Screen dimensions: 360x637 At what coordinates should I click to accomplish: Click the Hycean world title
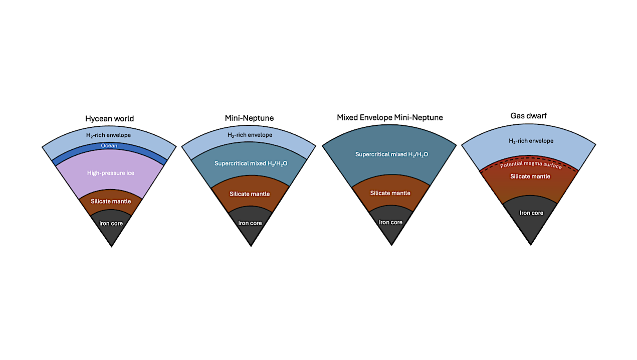click(x=109, y=119)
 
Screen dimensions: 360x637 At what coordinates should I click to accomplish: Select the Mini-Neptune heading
click(x=249, y=118)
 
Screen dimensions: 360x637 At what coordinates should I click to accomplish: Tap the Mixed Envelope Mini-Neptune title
click(x=389, y=117)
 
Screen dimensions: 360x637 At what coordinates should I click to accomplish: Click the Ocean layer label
click(x=109, y=146)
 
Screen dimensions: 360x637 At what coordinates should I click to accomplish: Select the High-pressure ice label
click(x=111, y=173)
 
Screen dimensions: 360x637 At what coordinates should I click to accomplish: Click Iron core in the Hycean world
click(x=111, y=223)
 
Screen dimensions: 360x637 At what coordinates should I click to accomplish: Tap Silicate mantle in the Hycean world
click(x=111, y=202)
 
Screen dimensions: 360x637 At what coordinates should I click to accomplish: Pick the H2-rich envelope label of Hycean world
click(x=109, y=135)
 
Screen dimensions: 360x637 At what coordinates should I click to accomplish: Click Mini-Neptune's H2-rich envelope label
click(x=250, y=135)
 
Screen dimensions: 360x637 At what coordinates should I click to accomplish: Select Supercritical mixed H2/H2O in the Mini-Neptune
click(x=251, y=163)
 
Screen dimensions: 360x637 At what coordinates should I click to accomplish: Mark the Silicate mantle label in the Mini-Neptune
click(x=250, y=194)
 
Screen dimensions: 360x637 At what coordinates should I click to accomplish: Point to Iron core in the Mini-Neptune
click(x=250, y=223)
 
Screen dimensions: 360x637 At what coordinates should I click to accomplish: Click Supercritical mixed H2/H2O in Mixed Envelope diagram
click(x=391, y=154)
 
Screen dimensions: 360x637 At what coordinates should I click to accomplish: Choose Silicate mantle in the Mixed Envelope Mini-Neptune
click(x=390, y=193)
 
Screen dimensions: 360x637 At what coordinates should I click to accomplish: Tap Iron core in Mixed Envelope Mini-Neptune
click(x=390, y=222)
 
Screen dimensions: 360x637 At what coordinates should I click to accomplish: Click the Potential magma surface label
click(x=531, y=165)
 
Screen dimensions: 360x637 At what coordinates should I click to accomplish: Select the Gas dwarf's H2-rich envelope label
click(x=531, y=141)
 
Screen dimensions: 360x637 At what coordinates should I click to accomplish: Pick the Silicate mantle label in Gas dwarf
click(x=530, y=176)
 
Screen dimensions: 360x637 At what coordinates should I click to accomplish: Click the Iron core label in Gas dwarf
click(x=531, y=213)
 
